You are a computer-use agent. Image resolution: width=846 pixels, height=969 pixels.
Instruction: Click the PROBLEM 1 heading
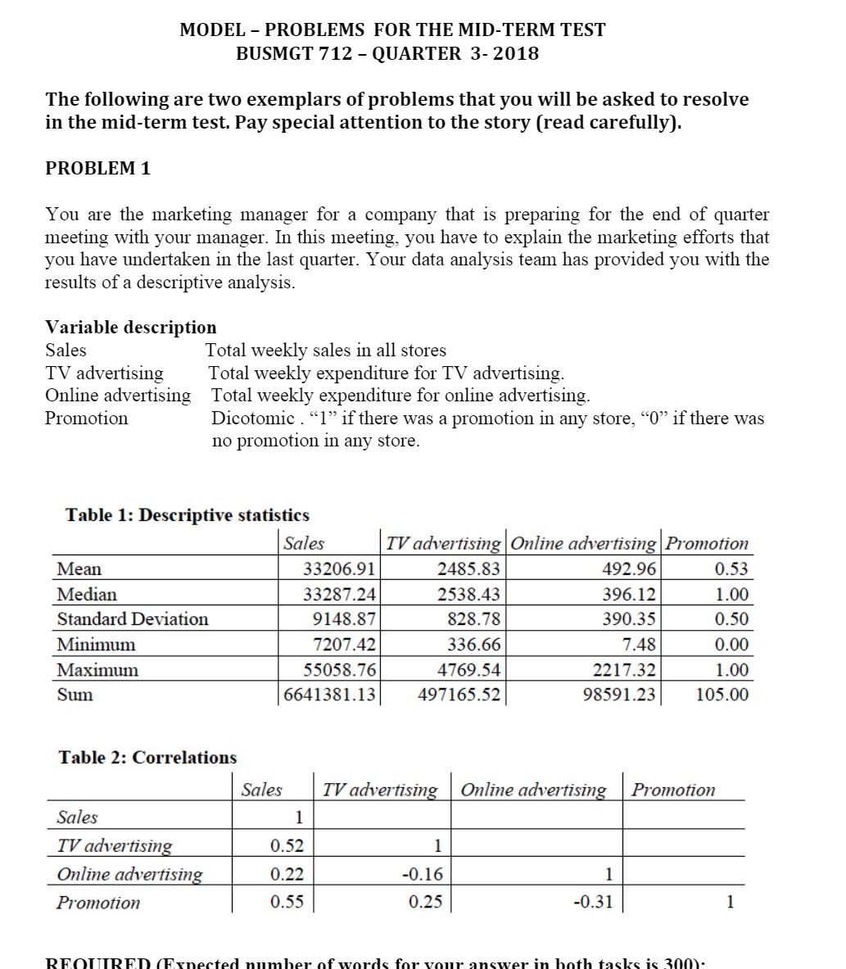pyautogui.click(x=97, y=168)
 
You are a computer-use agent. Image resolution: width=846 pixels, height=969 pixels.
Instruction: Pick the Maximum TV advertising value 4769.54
pyautogui.click(x=468, y=670)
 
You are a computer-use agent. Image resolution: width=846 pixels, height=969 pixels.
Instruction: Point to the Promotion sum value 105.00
pyautogui.click(x=722, y=695)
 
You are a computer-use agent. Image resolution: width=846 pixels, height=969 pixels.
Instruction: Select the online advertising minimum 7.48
pyautogui.click(x=638, y=645)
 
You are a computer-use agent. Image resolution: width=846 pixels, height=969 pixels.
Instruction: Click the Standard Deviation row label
pyautogui.click(x=133, y=619)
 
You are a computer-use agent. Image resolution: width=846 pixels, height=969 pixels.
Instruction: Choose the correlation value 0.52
pyautogui.click(x=287, y=845)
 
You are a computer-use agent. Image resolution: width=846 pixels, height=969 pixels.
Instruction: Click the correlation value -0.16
pyautogui.click(x=423, y=874)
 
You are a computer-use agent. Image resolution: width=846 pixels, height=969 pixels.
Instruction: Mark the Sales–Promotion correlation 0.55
pyautogui.click(x=287, y=902)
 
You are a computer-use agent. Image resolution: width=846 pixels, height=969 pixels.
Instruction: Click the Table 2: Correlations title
pyautogui.click(x=147, y=757)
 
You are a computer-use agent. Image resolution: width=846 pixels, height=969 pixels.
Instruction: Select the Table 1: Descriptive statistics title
pyautogui.click(x=187, y=515)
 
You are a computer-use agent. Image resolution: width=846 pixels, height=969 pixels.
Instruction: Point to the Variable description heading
pyautogui.click(x=131, y=327)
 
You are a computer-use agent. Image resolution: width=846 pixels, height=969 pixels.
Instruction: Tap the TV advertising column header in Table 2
pyautogui.click(x=380, y=790)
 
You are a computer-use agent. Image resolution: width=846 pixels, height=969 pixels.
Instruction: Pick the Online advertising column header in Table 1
pyautogui.click(x=583, y=543)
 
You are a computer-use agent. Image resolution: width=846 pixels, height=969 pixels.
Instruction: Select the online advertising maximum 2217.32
pyautogui.click(x=624, y=670)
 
